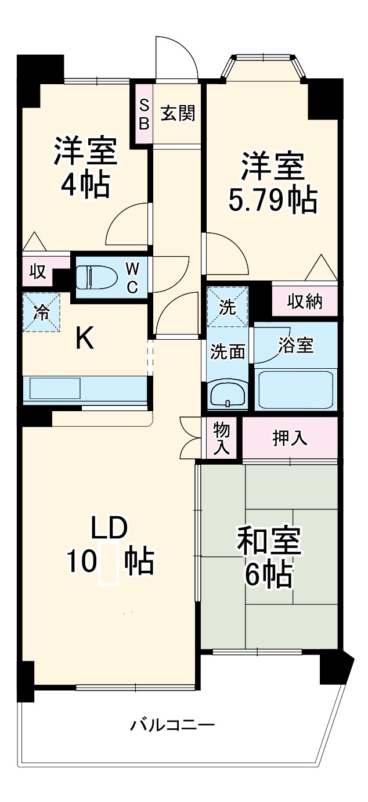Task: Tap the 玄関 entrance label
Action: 177,113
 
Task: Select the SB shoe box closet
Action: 144,114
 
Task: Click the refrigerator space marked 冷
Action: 41,312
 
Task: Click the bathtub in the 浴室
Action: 295,390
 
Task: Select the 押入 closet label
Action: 290,438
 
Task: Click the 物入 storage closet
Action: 222,438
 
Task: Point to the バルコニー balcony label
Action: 172,725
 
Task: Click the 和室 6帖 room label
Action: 268,558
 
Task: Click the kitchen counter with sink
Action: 85,389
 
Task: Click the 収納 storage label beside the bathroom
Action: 305,302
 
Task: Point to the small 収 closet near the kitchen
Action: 37,272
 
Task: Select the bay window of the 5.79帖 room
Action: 265,65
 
